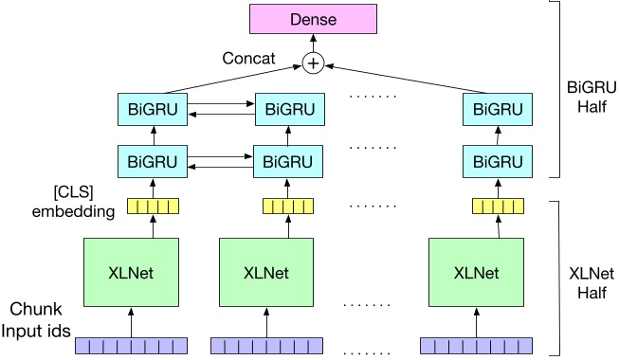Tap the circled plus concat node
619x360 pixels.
312,63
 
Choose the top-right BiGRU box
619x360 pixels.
492,109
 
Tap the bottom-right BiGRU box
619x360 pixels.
492,161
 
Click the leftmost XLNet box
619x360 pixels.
131,273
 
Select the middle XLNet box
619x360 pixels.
265,273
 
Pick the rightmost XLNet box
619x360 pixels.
476,273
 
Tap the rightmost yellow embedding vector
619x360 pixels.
492,206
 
